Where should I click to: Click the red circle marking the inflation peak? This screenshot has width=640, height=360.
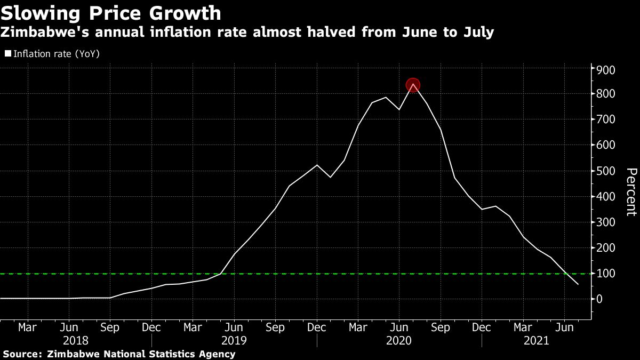tap(413, 85)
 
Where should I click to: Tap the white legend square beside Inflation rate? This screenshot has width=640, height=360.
tap(7, 53)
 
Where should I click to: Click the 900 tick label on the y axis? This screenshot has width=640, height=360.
tap(606, 70)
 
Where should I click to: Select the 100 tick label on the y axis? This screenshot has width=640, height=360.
tap(606, 274)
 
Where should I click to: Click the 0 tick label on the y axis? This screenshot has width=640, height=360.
tap(600, 299)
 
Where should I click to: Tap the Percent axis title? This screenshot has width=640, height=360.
tap(631, 198)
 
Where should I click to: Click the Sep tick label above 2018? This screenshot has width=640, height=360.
tap(110, 327)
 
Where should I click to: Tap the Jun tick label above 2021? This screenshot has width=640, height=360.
tap(565, 327)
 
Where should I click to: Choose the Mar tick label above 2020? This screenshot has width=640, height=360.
tap(358, 327)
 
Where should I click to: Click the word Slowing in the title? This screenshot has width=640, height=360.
tap(37, 13)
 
